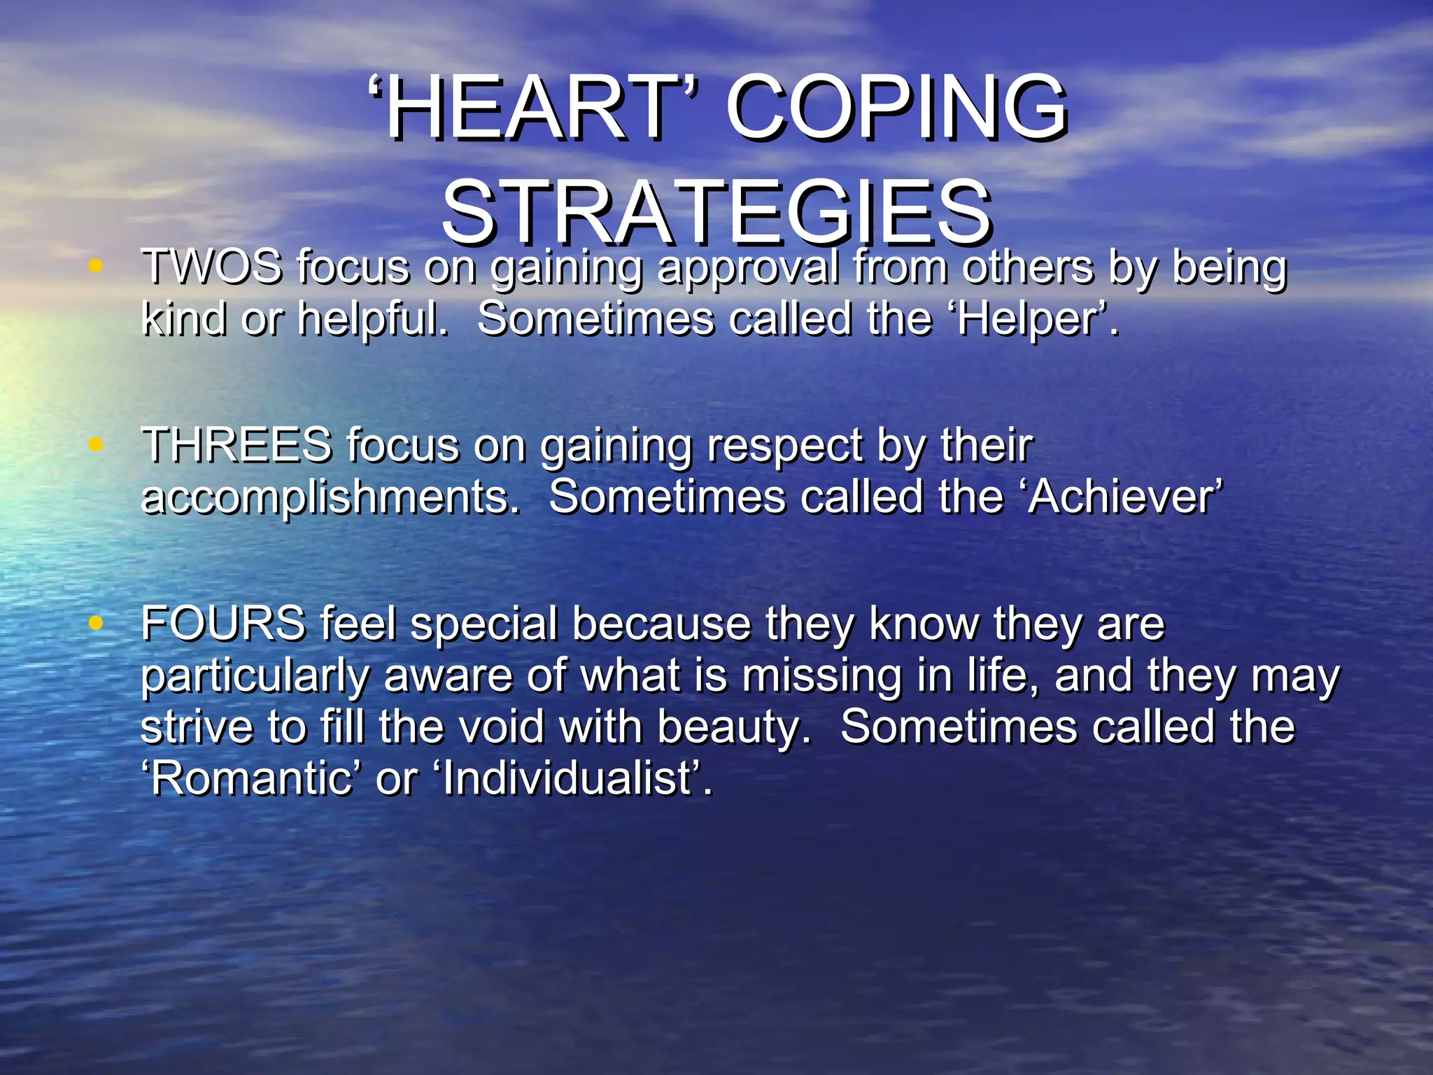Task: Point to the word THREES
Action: coord(237,445)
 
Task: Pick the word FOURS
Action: coord(223,623)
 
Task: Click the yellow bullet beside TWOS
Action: coord(97,266)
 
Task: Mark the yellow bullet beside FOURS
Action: coord(97,622)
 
